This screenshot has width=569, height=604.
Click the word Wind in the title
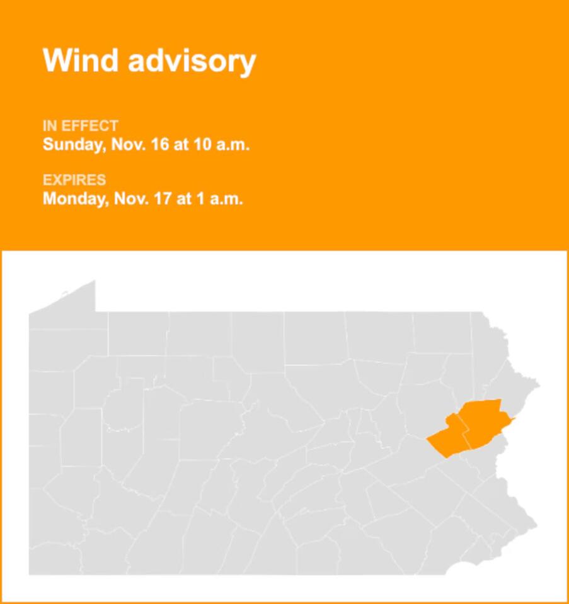coord(80,61)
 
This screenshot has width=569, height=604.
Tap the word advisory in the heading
coord(192,62)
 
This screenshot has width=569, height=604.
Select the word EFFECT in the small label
coord(89,126)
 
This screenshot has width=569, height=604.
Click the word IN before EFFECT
coord(50,126)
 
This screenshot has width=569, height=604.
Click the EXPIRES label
coord(74,180)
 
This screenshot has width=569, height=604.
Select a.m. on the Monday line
coord(226,199)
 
